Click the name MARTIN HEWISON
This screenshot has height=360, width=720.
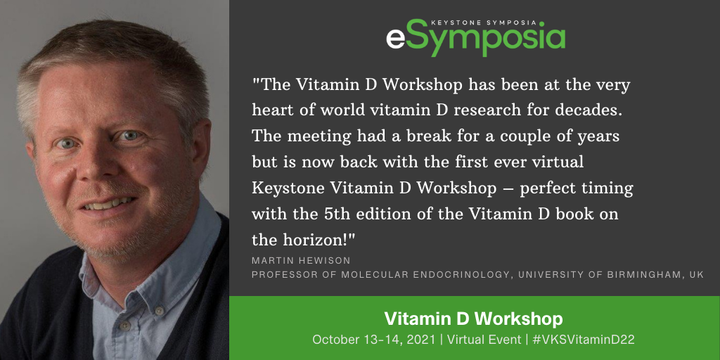coord(301,261)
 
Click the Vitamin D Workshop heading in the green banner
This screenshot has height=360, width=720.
coord(473,319)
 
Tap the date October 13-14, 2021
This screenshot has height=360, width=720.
coord(373,340)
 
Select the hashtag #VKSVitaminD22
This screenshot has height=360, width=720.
coord(583,340)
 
